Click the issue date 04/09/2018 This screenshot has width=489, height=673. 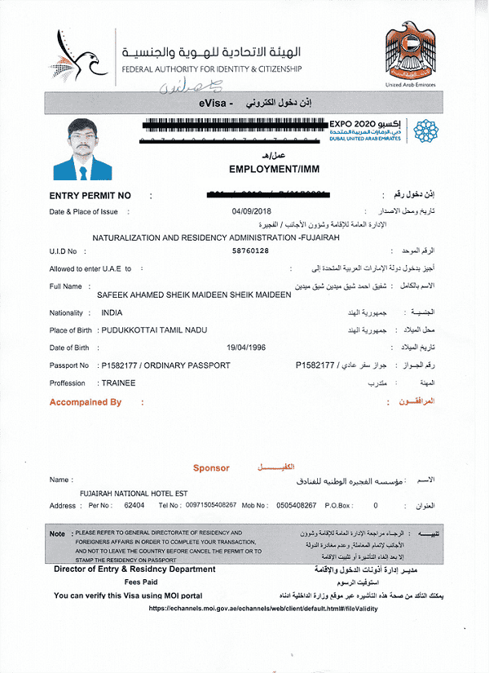point(250,211)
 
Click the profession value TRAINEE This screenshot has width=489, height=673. point(118,383)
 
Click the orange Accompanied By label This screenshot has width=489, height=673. point(85,402)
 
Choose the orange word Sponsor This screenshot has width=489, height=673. point(211,468)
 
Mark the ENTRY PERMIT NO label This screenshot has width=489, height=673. point(90,196)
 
